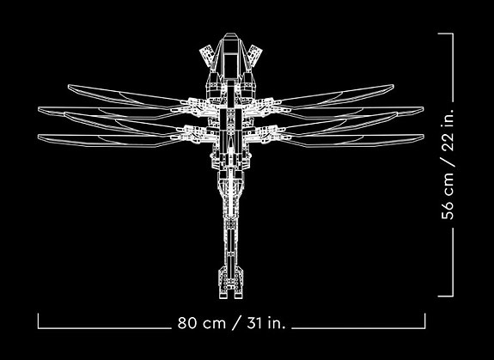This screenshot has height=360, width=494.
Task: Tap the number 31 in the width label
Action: click(x=254, y=323)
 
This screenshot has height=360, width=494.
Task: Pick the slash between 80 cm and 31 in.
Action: click(x=236, y=323)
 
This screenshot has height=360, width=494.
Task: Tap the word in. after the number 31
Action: click(x=276, y=323)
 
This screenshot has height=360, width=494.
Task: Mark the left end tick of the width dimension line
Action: click(x=38, y=320)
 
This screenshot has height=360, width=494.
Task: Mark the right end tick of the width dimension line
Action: click(x=424, y=320)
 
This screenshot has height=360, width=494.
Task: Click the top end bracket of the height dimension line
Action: click(x=446, y=34)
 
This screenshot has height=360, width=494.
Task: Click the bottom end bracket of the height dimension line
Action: click(x=446, y=296)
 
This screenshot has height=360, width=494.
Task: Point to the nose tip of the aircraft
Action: click(x=230, y=34)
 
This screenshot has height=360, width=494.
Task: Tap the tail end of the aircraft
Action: click(x=231, y=297)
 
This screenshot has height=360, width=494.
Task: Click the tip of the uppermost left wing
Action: click(x=69, y=86)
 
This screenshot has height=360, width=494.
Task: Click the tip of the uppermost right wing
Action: click(x=393, y=86)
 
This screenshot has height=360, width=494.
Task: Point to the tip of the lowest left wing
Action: click(x=39, y=137)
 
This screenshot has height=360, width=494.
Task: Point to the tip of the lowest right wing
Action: click(x=423, y=136)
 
